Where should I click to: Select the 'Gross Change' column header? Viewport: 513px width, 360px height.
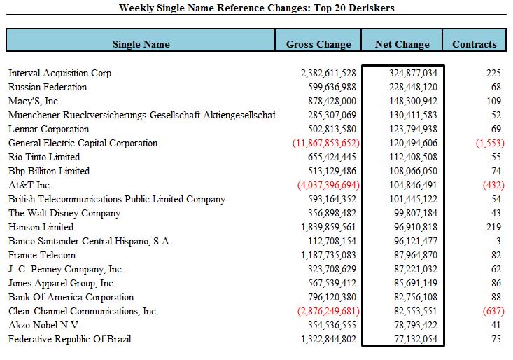pos(318,44)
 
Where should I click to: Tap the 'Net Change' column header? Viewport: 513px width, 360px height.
pos(402,44)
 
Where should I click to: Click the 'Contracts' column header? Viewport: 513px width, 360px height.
pos(475,44)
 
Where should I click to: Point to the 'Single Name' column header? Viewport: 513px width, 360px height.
pos(141,44)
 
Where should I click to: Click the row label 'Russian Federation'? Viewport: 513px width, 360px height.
pos(48,88)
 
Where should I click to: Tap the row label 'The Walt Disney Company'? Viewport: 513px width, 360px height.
pos(64,214)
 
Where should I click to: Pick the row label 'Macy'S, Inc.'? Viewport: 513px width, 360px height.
pos(35,102)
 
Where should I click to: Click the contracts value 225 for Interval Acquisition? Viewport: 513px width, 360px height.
pos(493,74)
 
